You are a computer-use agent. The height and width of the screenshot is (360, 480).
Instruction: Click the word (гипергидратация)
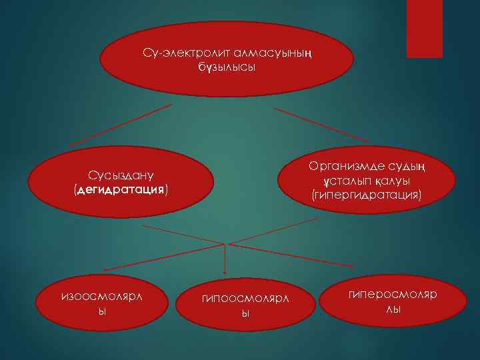tap(366, 195)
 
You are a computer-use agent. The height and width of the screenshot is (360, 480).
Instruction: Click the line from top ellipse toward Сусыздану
tap(120, 125)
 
